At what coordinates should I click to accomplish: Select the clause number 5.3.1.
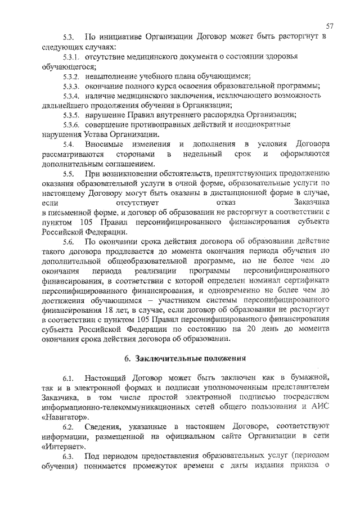(71, 57)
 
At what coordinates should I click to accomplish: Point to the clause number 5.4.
(68, 144)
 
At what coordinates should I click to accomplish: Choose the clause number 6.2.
(68, 429)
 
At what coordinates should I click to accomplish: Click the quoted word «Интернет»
(63, 448)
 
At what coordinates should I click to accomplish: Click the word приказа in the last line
(296, 467)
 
